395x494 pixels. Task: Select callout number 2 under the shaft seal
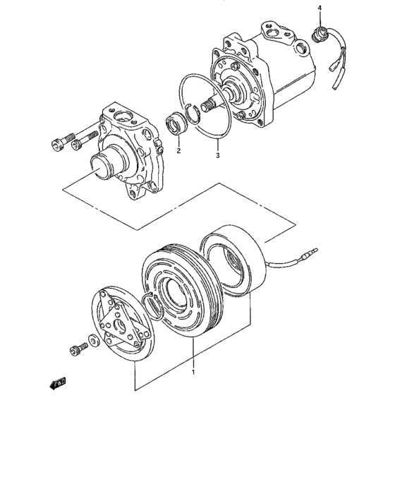pyautogui.click(x=178, y=150)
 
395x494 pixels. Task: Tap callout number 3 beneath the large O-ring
pyautogui.click(x=218, y=155)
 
